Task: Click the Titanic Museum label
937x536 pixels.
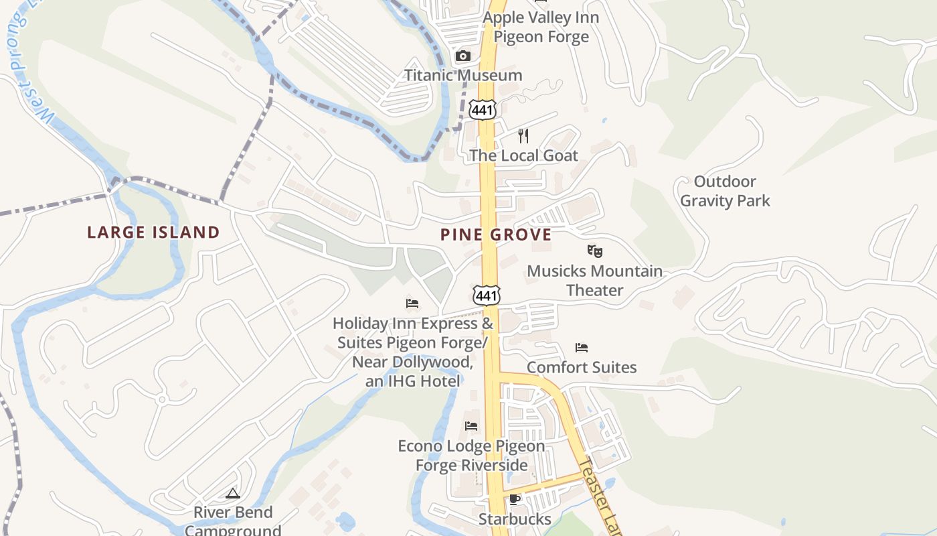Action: tap(463, 75)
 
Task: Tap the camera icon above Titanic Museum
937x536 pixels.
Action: tap(462, 56)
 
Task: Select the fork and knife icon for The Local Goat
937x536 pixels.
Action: tap(523, 136)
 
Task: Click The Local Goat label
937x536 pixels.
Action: tap(523, 155)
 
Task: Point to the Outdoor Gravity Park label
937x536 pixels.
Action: tap(726, 191)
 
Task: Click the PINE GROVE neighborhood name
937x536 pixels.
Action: tap(496, 234)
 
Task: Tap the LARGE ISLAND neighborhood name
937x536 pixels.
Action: tap(153, 232)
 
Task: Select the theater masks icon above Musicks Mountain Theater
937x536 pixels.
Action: tap(594, 251)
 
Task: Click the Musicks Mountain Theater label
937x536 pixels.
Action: tap(594, 281)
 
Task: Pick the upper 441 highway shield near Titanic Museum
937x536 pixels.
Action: tap(482, 109)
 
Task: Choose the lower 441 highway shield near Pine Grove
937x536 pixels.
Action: tap(486, 294)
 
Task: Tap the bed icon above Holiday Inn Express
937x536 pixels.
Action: tap(412, 304)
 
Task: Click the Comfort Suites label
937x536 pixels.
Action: tap(582, 367)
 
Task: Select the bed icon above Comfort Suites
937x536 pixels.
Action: tap(582, 348)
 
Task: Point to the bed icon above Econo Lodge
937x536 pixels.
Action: tap(471, 426)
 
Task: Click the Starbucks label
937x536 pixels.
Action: tap(515, 519)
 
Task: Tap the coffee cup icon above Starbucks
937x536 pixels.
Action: tap(515, 500)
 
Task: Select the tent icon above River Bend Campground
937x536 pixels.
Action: tap(233, 494)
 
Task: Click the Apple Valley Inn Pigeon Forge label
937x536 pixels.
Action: tap(541, 27)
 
